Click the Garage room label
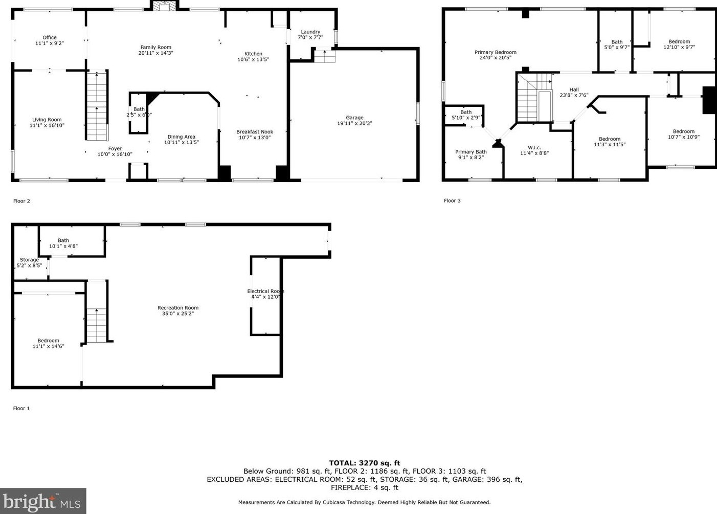pos(354,118)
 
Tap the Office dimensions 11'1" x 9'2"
pos(50,43)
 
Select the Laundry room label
pos(310,32)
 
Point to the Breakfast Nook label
pos(255,131)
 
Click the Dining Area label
pos(182,137)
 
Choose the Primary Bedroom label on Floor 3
pos(495,52)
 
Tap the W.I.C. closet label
pos(534,147)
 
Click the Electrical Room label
pos(265,291)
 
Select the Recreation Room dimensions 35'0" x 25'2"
pos(177,314)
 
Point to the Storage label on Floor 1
pos(29,260)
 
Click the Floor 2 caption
pos(21,201)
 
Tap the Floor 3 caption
pos(452,200)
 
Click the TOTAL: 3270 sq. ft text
pos(364,463)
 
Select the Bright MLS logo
pos(43,501)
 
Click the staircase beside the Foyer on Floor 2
pos(97,106)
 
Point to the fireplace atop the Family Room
pos(164,6)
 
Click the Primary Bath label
pos(471,152)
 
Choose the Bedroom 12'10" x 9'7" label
pos(679,41)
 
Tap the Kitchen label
pos(253,54)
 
